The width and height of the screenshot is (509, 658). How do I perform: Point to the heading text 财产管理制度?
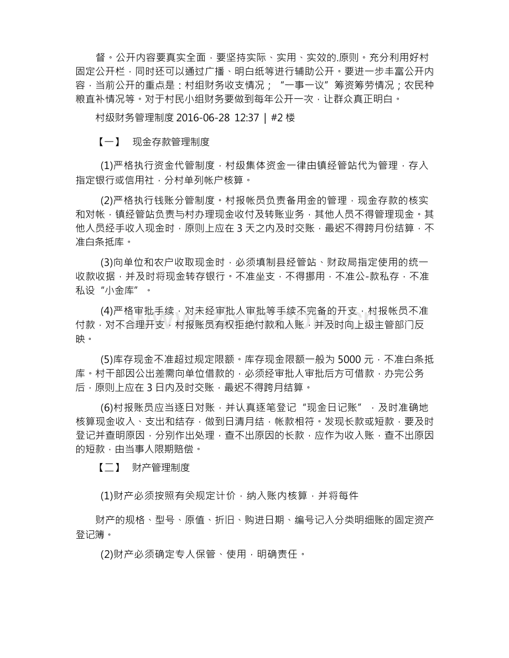[161, 467]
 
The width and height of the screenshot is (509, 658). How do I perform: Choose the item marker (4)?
[106, 312]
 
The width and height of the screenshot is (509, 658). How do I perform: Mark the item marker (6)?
[106, 408]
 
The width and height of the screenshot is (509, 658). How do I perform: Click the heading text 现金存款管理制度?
[172, 141]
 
